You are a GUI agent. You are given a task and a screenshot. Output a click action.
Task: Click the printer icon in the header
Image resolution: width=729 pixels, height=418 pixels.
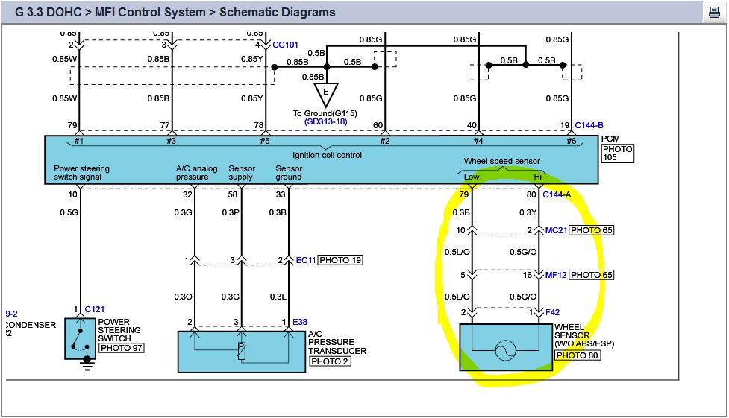coord(713,13)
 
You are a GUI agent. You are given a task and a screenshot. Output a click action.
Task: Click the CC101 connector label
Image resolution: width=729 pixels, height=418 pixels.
coord(286,45)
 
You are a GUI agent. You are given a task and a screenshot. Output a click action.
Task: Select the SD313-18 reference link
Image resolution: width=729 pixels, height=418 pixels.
coord(326,121)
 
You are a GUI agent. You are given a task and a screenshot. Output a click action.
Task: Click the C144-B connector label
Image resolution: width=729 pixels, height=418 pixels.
coord(589,126)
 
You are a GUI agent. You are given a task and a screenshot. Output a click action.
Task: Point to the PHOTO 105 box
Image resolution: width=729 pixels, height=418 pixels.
coord(618,153)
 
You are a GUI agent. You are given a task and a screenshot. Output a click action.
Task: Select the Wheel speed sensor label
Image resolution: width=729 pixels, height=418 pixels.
coord(501,161)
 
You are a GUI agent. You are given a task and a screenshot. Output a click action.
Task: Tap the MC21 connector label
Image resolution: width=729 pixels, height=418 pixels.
coord(556,230)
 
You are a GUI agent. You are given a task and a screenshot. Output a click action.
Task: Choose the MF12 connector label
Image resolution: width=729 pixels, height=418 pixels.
coord(556,275)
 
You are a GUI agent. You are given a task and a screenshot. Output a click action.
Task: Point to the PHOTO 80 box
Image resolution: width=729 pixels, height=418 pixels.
coord(578,355)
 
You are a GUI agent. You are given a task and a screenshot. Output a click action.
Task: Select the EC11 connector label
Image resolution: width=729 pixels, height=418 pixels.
coord(306,260)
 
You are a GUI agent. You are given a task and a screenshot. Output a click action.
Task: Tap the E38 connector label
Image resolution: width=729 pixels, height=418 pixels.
coord(300,322)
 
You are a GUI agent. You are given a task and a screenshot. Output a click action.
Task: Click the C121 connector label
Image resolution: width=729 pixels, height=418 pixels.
coord(93,309)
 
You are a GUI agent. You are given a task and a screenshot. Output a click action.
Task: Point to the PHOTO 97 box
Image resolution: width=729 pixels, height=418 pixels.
coord(121,348)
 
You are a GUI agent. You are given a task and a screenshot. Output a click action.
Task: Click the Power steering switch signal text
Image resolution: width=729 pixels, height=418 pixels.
coord(81,173)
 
